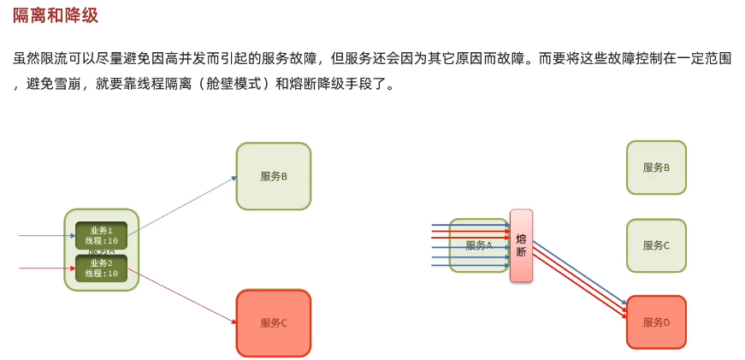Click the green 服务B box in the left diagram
pyautogui.click(x=273, y=176)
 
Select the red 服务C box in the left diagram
pyautogui.click(x=273, y=322)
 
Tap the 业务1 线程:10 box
pyautogui.click(x=101, y=235)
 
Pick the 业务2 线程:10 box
pyautogui.click(x=101, y=268)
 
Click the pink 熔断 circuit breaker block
pyautogui.click(x=521, y=245)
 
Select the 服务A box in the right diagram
pyautogui.click(x=478, y=245)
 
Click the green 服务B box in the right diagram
pyautogui.click(x=656, y=168)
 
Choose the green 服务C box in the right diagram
pyautogui.click(x=656, y=245)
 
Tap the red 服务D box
pyautogui.click(x=656, y=322)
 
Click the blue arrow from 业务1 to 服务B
pyautogui.click(x=181, y=205)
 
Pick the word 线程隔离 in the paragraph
pyautogui.click(x=163, y=86)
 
